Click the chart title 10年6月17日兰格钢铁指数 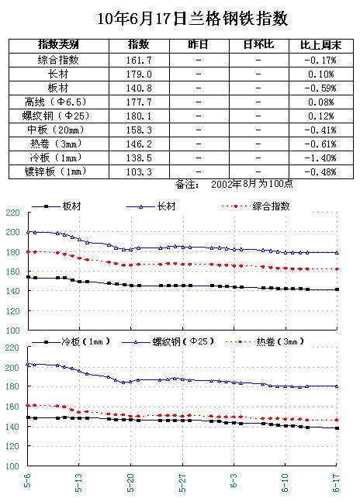pyautogui.click(x=192, y=19)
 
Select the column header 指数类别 pyautogui.click(x=58, y=44)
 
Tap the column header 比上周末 pyautogui.click(x=320, y=45)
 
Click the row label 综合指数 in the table pyautogui.click(x=58, y=60)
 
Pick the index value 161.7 pyautogui.click(x=139, y=61)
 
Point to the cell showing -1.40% pyautogui.click(x=320, y=158)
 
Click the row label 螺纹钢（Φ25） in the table pyautogui.click(x=56, y=116)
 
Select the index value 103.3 pyautogui.click(x=139, y=172)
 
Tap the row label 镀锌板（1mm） pyautogui.click(x=56, y=172)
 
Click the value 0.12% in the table pyautogui.click(x=321, y=116)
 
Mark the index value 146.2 pyautogui.click(x=139, y=144)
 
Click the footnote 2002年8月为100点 pyautogui.click(x=252, y=184)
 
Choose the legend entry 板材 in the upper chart pyautogui.click(x=71, y=206)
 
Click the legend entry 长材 pyautogui.click(x=166, y=206)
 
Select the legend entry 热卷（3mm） pyautogui.click(x=279, y=341)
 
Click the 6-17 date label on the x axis pyautogui.click(x=336, y=483)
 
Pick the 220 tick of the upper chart pyautogui.click(x=12, y=213)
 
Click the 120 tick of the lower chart pyautogui.click(x=12, y=446)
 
